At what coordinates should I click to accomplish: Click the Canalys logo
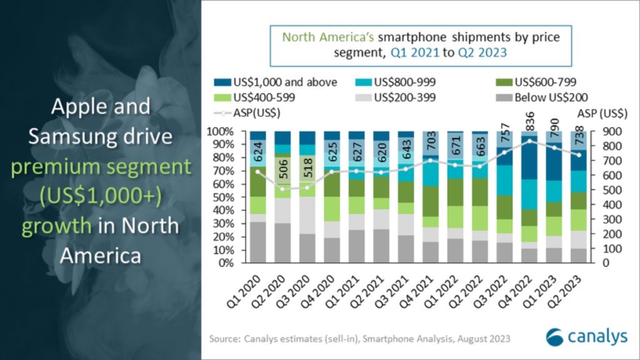click(x=586, y=336)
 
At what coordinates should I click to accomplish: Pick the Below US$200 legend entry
click(x=544, y=97)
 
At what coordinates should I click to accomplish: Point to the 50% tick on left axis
click(x=223, y=197)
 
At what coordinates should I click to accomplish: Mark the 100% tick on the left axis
click(x=221, y=132)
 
